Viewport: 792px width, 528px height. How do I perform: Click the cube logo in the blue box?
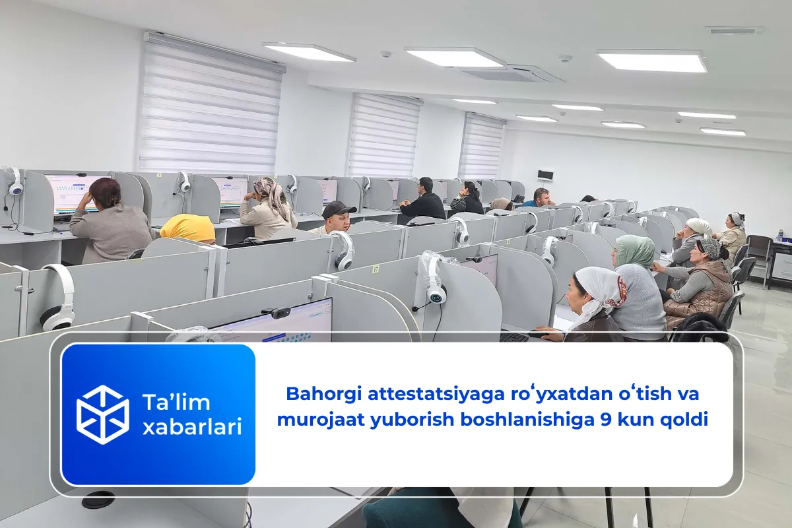pos(102,414)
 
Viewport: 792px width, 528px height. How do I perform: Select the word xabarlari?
pos(191,427)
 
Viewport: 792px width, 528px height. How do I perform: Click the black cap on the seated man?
pos(339,209)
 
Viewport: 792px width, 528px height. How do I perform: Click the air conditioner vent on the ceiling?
pos(511,73)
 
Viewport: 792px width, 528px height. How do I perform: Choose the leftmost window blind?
pos(210,106)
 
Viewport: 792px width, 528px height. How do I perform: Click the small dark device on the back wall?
pos(545,174)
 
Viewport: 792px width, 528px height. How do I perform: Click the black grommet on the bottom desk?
pos(98,500)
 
